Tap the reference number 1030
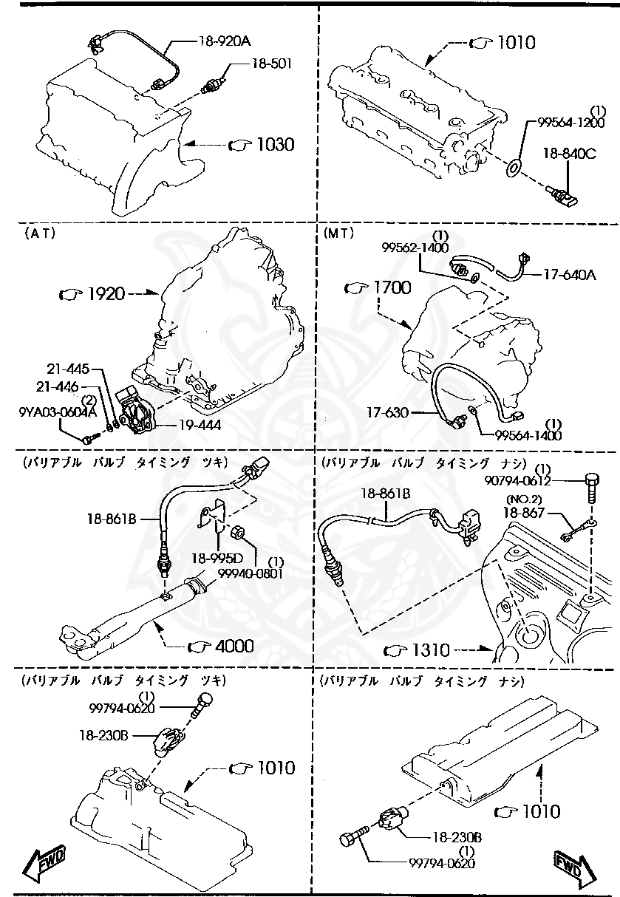(x=275, y=144)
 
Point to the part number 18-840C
(x=569, y=154)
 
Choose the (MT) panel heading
(x=339, y=232)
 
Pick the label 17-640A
(x=569, y=276)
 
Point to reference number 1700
(x=391, y=287)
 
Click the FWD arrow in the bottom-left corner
(x=45, y=862)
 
